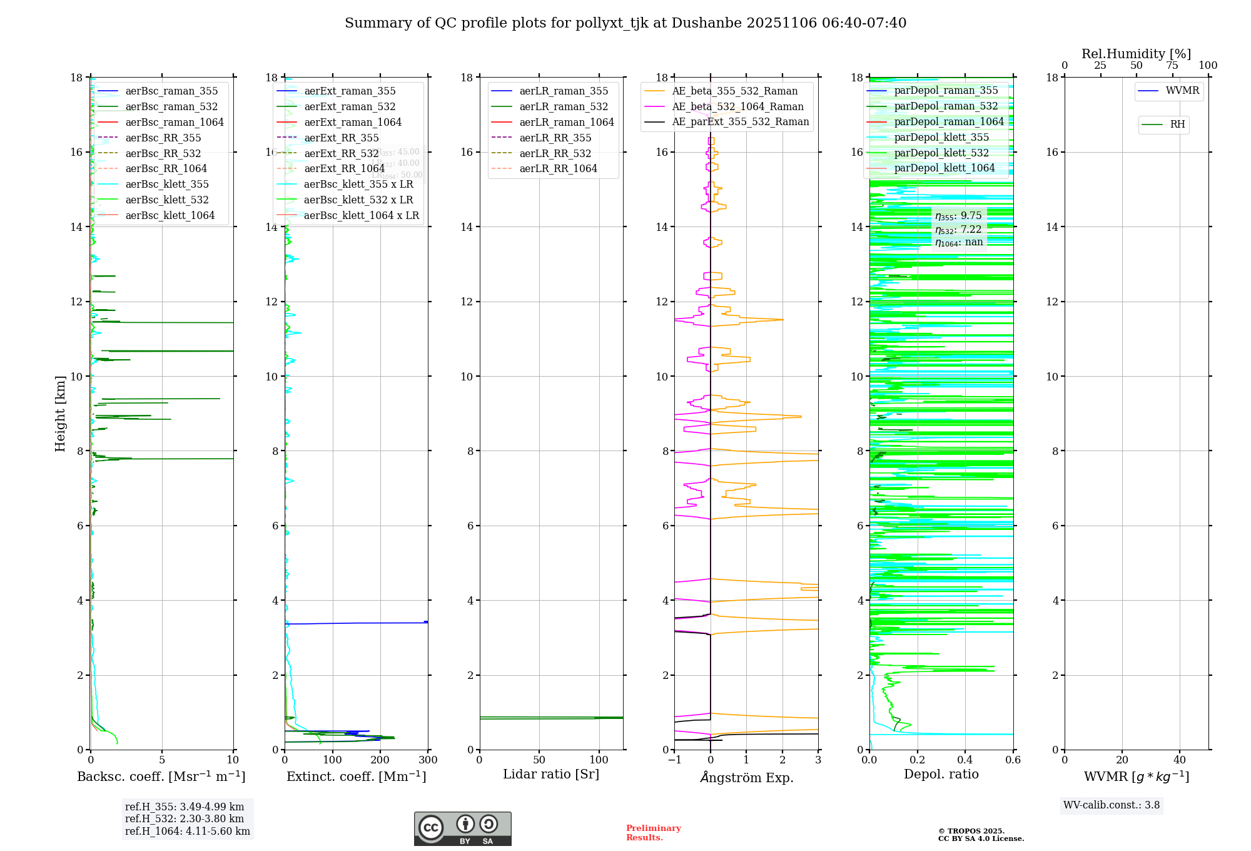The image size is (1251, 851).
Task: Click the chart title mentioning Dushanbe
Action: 625,23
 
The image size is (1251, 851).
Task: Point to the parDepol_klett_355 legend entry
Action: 941,137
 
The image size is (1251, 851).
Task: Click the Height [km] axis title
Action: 60,414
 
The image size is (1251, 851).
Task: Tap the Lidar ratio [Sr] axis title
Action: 551,775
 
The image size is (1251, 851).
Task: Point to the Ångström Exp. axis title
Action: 746,778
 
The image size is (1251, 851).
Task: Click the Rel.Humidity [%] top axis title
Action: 1136,54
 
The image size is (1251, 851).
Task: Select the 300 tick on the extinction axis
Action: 428,760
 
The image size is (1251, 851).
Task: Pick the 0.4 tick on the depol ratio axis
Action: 965,760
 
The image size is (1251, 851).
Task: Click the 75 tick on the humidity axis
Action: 1172,66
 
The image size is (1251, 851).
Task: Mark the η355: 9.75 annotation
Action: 958,216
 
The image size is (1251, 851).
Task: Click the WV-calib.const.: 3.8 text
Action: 1112,805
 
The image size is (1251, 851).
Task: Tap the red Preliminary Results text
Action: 653,833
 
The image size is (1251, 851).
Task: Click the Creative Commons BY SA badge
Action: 462,828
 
